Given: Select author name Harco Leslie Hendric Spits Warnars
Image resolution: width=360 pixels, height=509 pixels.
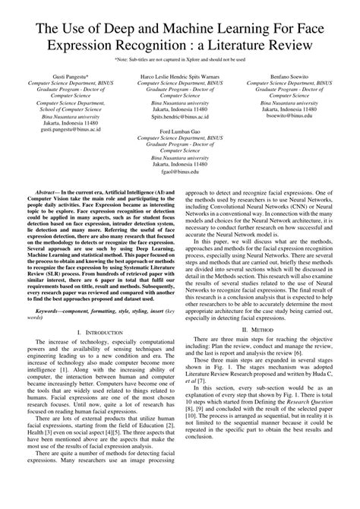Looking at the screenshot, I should click(180, 77).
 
